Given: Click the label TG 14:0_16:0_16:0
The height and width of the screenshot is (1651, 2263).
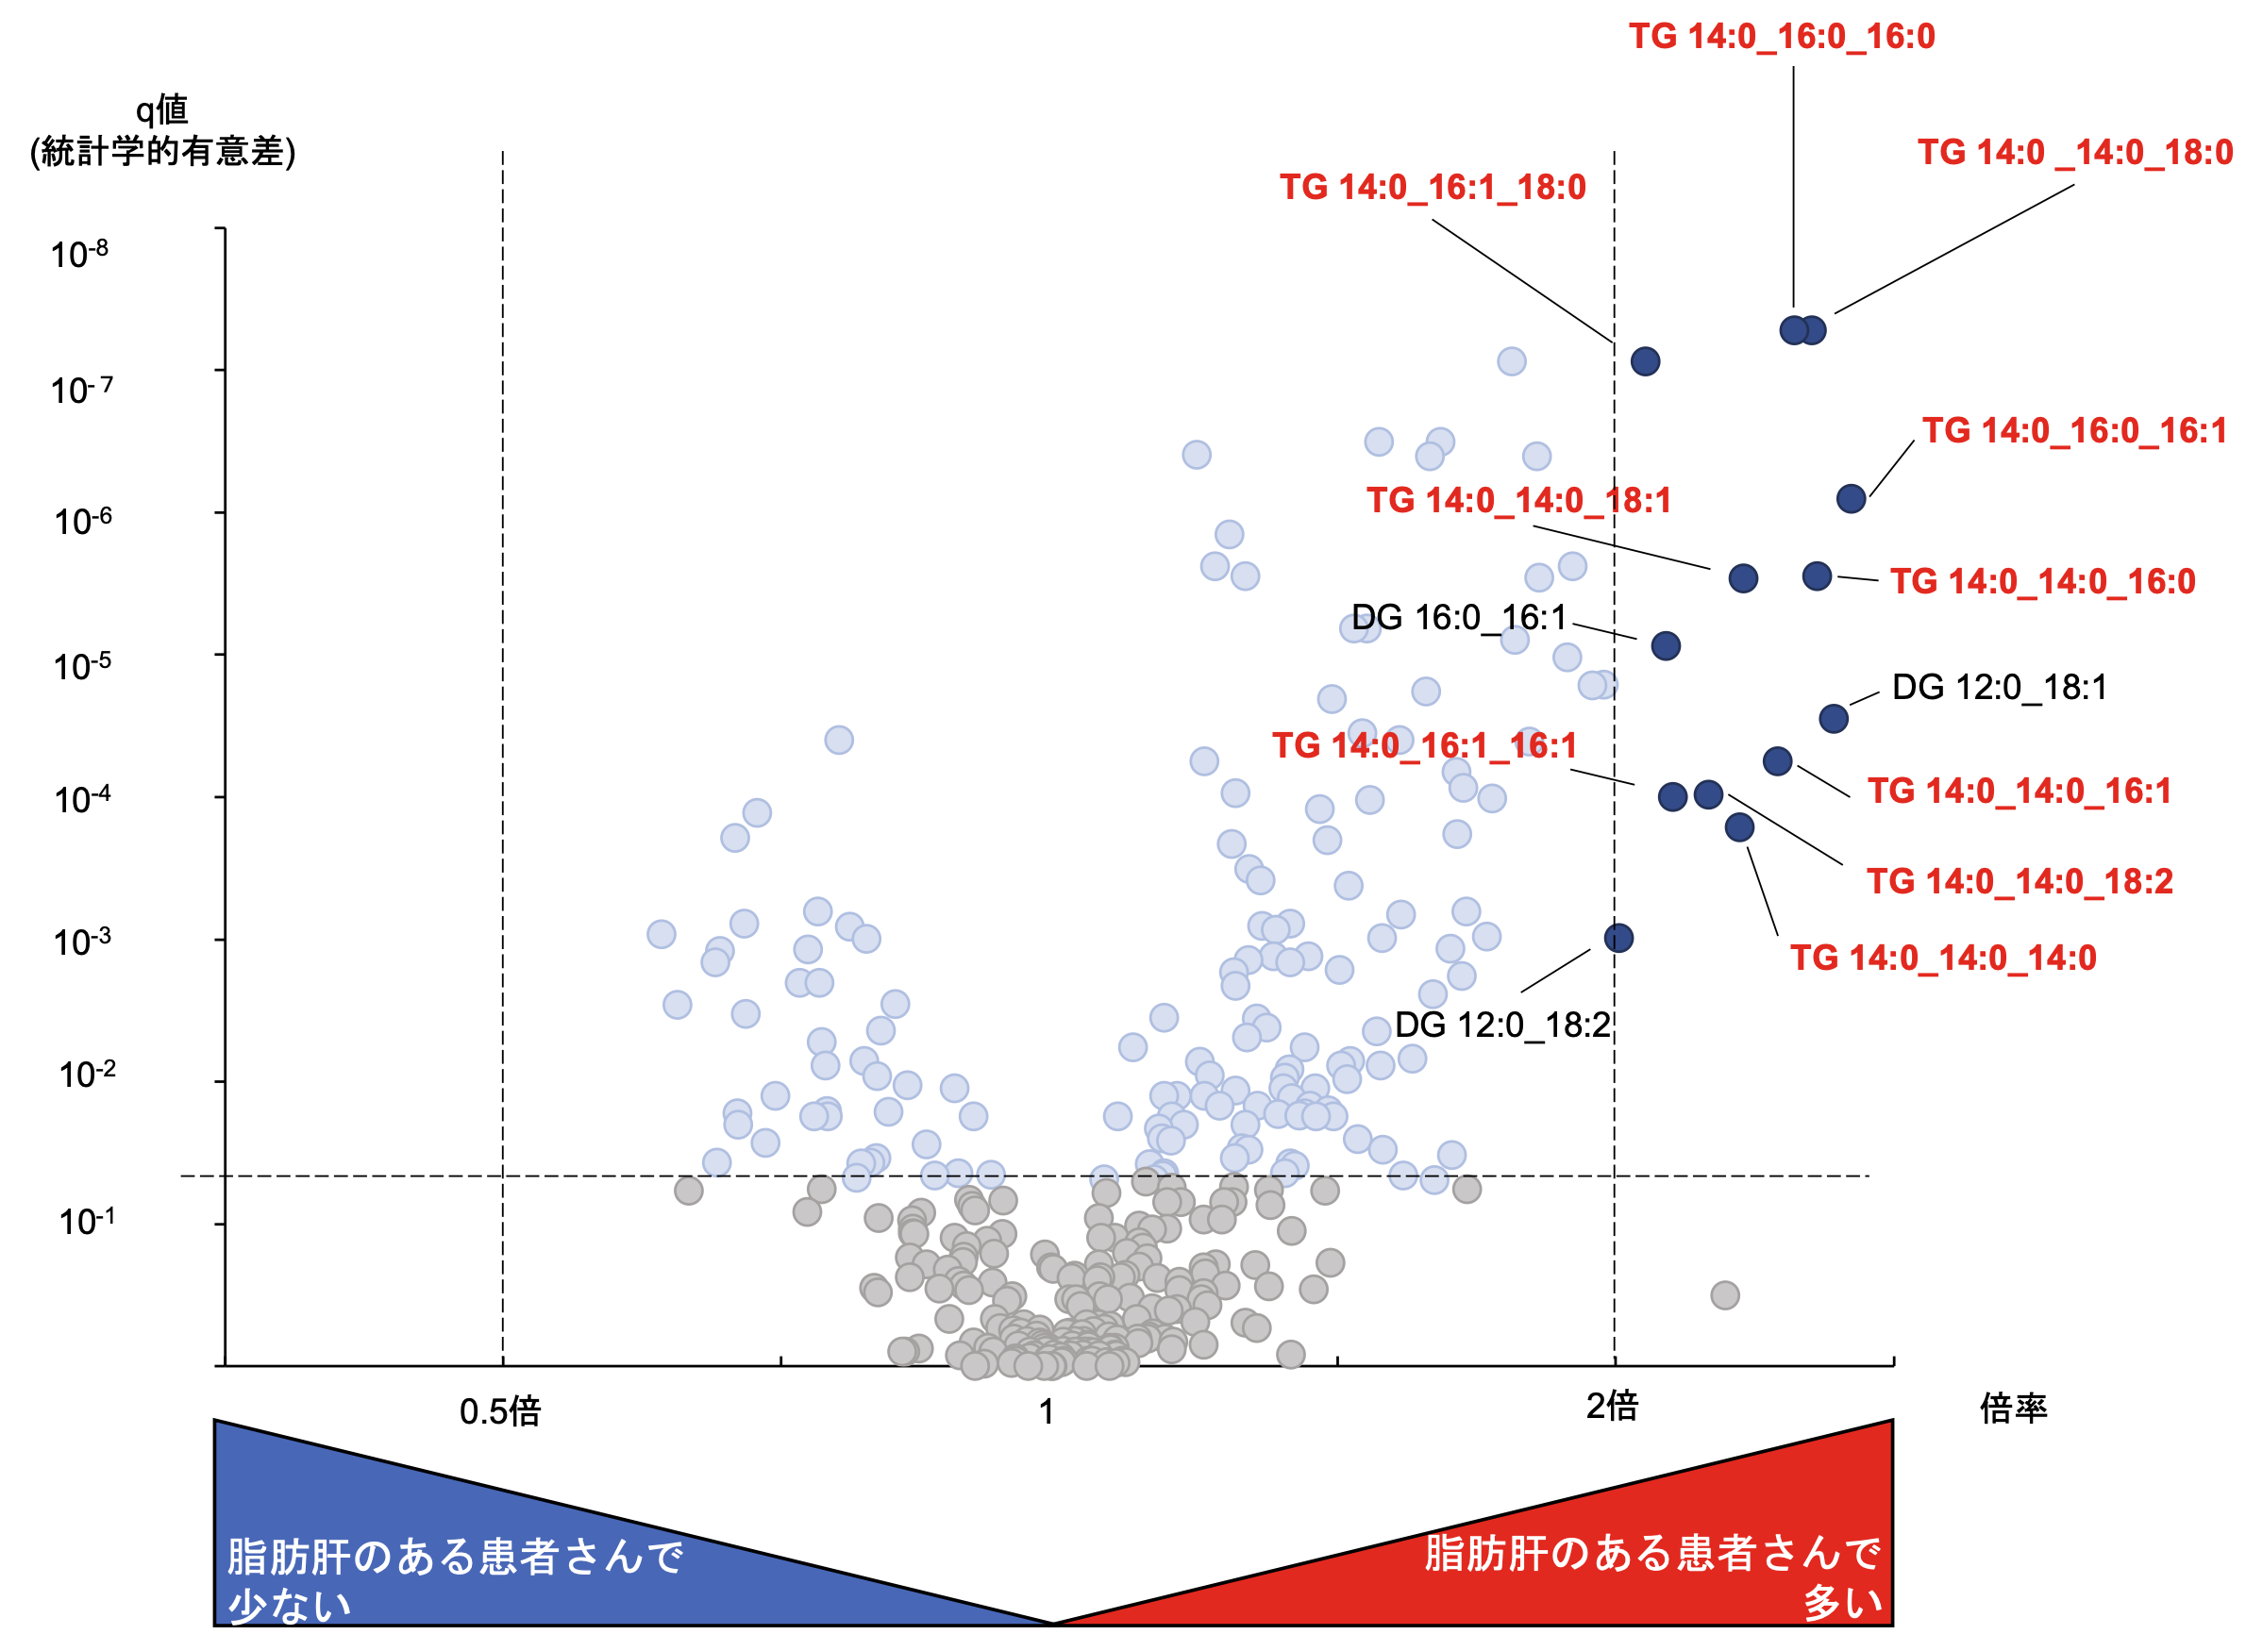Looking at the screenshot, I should [1781, 37].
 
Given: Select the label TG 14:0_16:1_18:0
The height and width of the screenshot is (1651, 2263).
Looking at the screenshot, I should [1433, 188].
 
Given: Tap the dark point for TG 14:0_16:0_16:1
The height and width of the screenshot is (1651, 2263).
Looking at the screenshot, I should [1851, 499].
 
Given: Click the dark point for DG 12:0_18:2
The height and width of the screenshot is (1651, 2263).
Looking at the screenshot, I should [1618, 939].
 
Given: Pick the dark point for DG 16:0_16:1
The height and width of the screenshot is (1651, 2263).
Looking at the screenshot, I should [1666, 645].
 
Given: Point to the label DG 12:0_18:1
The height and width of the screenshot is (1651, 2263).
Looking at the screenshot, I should [1999, 688].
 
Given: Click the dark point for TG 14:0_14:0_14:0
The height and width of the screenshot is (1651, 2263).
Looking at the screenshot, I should [1739, 827].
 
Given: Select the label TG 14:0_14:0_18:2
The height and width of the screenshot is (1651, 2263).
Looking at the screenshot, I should [2020, 881].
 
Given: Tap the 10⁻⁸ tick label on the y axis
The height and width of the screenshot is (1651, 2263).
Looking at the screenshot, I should [80, 254].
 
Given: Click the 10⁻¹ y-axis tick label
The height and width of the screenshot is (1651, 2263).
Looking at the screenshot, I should [87, 1221].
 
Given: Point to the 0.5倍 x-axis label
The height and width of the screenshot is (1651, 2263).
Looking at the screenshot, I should [500, 1412].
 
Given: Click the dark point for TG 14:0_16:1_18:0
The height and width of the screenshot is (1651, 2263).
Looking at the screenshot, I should [1645, 361].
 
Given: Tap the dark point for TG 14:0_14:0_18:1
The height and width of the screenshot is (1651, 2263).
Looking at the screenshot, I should [1743, 578].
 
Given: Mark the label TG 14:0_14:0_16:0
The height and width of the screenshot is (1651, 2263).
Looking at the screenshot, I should [2042, 582].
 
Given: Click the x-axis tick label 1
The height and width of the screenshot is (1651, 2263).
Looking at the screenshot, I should [1047, 1412].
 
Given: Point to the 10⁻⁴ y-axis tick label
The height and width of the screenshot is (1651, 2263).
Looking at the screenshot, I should [82, 799].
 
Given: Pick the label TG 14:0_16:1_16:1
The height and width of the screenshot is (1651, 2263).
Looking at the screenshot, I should [1424, 745].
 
